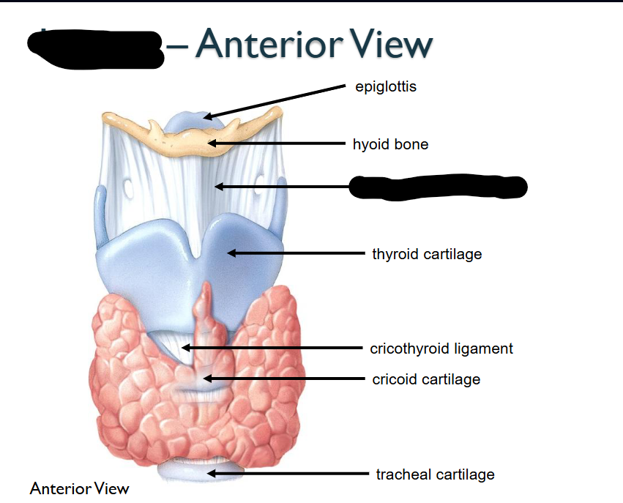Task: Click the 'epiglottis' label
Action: tap(385, 87)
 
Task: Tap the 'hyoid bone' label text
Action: tap(390, 144)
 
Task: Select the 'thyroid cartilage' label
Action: tap(427, 254)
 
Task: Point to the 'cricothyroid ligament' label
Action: tap(441, 349)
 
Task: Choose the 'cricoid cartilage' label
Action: tap(426, 379)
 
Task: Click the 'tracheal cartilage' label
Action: tap(435, 474)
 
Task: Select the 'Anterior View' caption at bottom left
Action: tap(79, 488)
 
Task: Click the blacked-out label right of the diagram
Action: tap(438, 187)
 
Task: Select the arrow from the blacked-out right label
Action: tap(282, 187)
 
